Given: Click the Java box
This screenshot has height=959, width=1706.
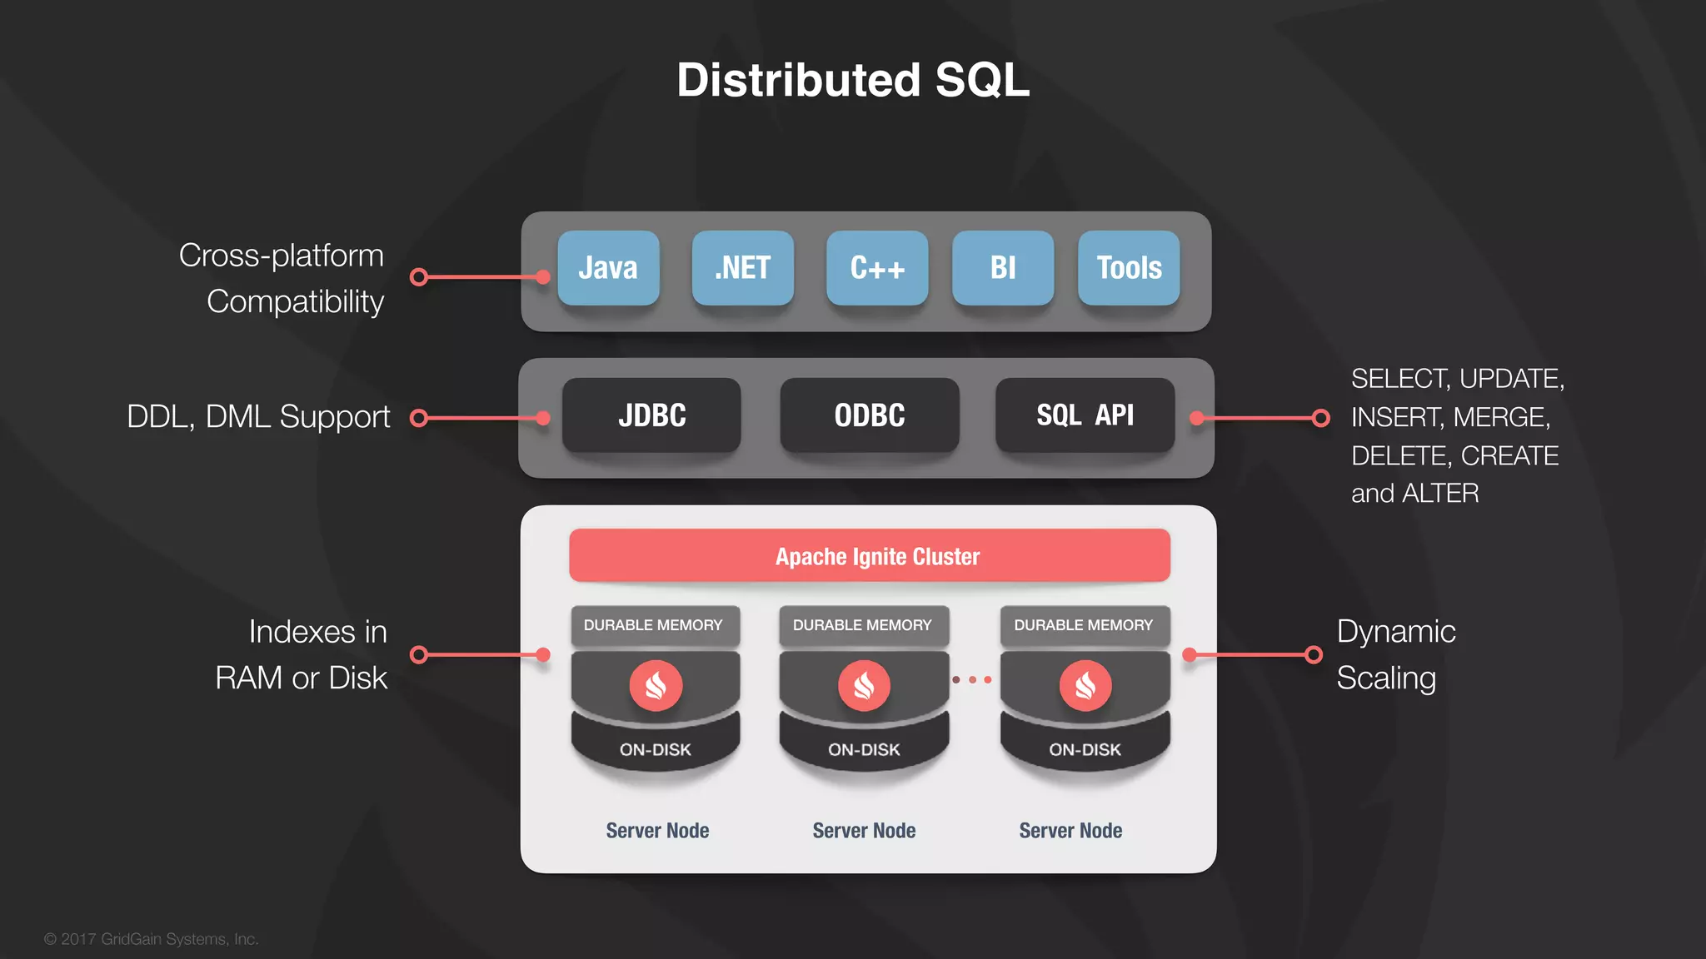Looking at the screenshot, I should (x=608, y=268).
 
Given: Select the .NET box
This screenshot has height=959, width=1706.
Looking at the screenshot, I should (x=742, y=268).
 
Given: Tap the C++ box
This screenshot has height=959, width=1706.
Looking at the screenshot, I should (x=877, y=268).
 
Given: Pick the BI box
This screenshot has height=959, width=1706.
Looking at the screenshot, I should (x=1003, y=268).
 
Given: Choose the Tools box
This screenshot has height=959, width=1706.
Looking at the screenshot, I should (x=1129, y=268).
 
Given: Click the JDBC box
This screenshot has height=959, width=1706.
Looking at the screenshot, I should (x=651, y=415).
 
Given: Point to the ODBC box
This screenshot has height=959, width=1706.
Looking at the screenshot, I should (x=869, y=415).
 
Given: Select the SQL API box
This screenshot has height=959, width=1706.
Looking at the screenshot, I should (x=1085, y=415).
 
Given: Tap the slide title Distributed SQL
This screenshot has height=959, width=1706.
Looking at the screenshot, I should (x=853, y=80).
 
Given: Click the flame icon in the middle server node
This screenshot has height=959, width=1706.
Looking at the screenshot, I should (x=864, y=685).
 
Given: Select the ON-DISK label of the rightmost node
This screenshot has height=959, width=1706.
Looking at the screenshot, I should (x=1085, y=749).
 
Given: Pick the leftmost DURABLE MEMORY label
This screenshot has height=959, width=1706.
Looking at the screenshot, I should (x=653, y=625).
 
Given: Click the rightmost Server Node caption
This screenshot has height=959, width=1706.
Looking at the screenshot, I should (x=1070, y=830).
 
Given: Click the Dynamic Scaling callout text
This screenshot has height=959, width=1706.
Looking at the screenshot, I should (x=1395, y=654).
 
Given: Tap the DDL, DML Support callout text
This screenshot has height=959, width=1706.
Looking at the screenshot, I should (x=258, y=416).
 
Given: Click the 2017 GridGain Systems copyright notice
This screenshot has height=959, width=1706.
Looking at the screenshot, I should (x=152, y=939).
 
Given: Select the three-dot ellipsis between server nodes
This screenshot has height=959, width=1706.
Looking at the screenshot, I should (x=972, y=679).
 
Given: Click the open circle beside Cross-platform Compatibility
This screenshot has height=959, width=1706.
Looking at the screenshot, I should (x=419, y=277).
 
